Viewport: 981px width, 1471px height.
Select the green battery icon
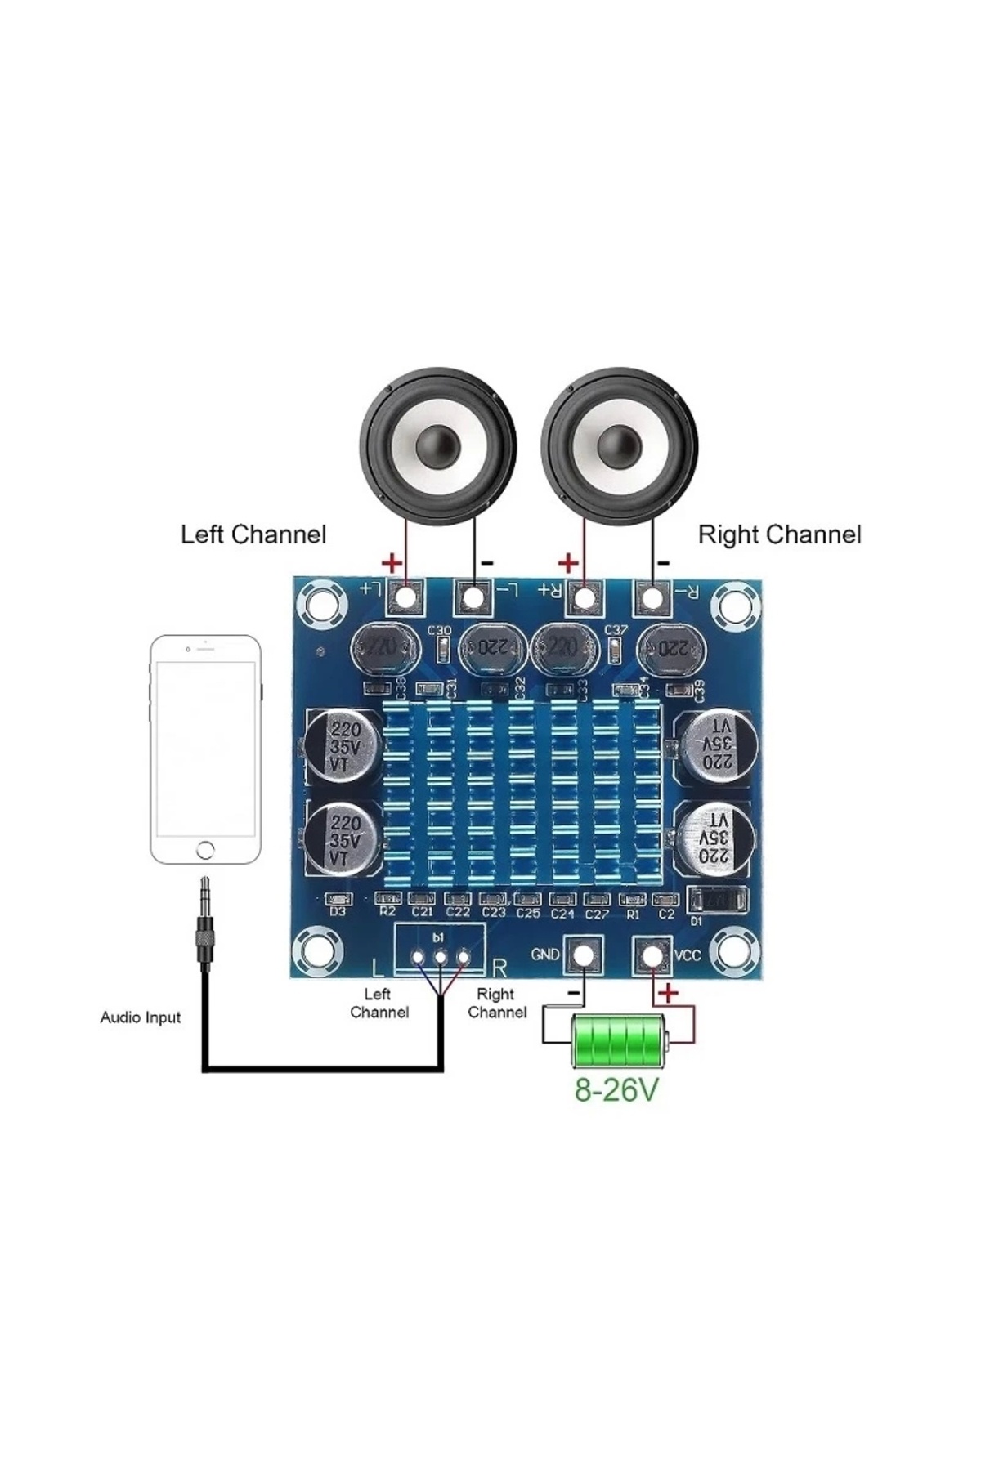pos(619,1041)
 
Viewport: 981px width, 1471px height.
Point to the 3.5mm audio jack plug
pos(204,923)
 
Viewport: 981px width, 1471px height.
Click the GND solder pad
pos(583,955)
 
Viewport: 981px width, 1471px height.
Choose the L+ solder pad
pos(405,597)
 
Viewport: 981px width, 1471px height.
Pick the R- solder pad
pos(652,597)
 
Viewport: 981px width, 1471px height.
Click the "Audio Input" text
pos(141,1017)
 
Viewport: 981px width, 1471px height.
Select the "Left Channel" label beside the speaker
pos(253,535)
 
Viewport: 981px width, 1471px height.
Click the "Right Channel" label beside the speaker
pos(779,535)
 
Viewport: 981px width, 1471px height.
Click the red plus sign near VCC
pos(669,993)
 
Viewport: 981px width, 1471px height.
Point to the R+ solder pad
pos(584,597)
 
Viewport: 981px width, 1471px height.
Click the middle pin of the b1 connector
pos(440,957)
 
